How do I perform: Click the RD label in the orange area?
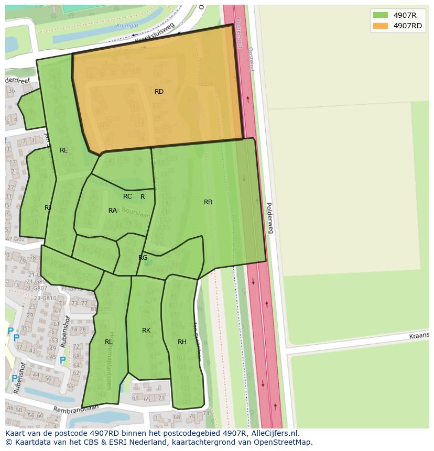(x=159, y=92)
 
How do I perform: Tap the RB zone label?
(x=208, y=202)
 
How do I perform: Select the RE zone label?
(x=64, y=150)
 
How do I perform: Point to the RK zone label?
(x=146, y=331)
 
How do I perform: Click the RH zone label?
(x=182, y=342)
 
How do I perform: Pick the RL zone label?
(x=108, y=342)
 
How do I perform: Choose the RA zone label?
(x=113, y=211)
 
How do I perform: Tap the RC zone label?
(x=127, y=196)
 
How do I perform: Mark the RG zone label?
(x=143, y=258)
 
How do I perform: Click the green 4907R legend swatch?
(x=381, y=15)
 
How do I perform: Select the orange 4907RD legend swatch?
(x=381, y=26)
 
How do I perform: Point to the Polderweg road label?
(x=269, y=217)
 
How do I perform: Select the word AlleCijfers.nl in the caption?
(x=273, y=433)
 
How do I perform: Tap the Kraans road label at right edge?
(x=419, y=335)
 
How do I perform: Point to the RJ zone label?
(x=48, y=208)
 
